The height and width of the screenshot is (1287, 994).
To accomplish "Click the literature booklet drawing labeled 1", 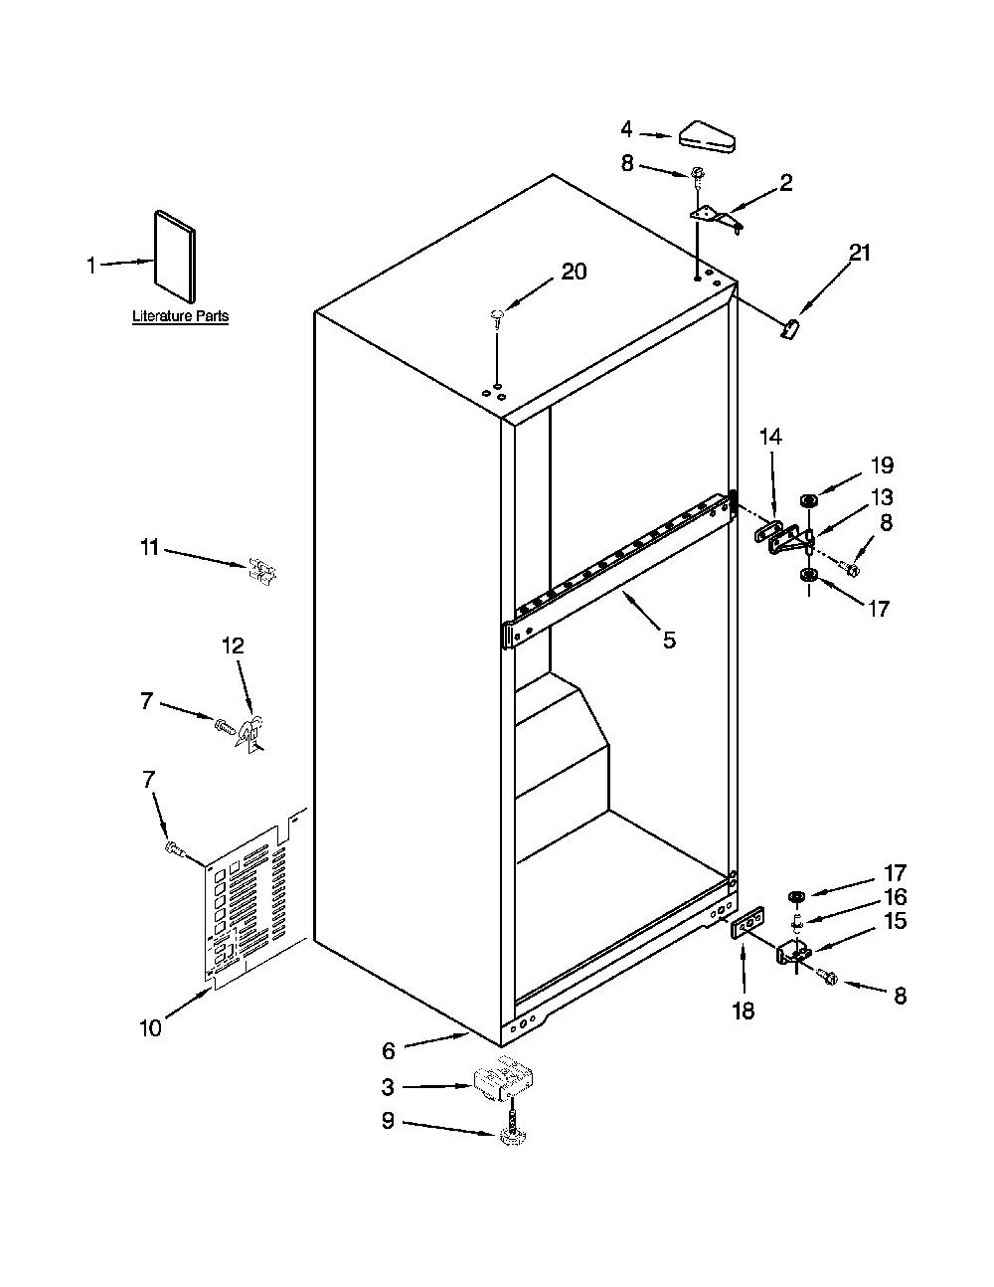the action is click(x=175, y=256).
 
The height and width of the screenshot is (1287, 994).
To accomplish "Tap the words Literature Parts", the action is click(x=181, y=315).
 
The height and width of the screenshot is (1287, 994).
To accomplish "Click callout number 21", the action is click(x=860, y=253).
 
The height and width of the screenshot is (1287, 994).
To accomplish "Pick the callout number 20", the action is click(x=574, y=272).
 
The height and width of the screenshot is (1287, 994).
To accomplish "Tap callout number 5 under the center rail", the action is click(x=669, y=640).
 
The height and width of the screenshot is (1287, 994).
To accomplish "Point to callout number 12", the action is click(x=234, y=644).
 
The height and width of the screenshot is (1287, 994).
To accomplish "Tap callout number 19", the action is click(x=882, y=465).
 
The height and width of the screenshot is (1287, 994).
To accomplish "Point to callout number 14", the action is click(x=770, y=437).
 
